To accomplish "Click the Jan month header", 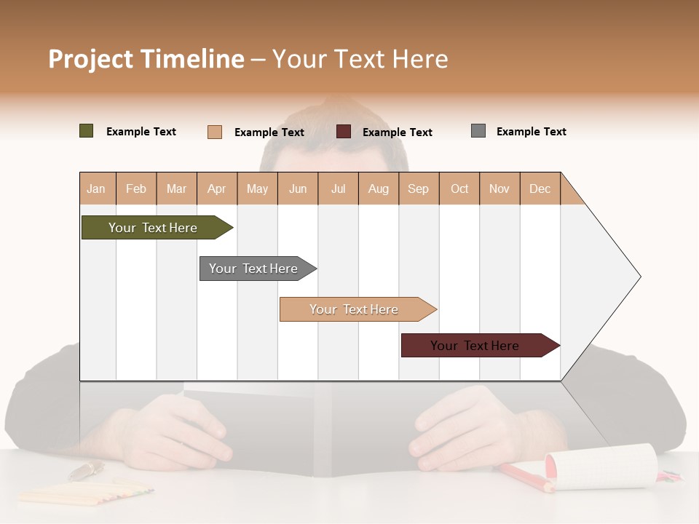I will coord(97,188).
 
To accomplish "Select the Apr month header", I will coord(217,188).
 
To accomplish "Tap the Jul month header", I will coord(339,188).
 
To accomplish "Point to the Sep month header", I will coord(419,188).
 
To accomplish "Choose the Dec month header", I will coord(540,188).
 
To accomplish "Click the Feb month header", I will coord(136,188).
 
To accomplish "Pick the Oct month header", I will coord(459,188).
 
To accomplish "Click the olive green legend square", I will coord(87,131).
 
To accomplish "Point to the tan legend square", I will coord(215,132).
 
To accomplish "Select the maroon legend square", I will coord(344,131).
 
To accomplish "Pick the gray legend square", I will coord(478,131).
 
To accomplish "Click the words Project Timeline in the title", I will coord(146,59).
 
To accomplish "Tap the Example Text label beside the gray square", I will coord(532,132).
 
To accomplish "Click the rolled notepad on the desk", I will coord(601,467).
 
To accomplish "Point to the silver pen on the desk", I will coord(86,471).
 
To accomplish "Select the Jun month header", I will coord(298,188).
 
